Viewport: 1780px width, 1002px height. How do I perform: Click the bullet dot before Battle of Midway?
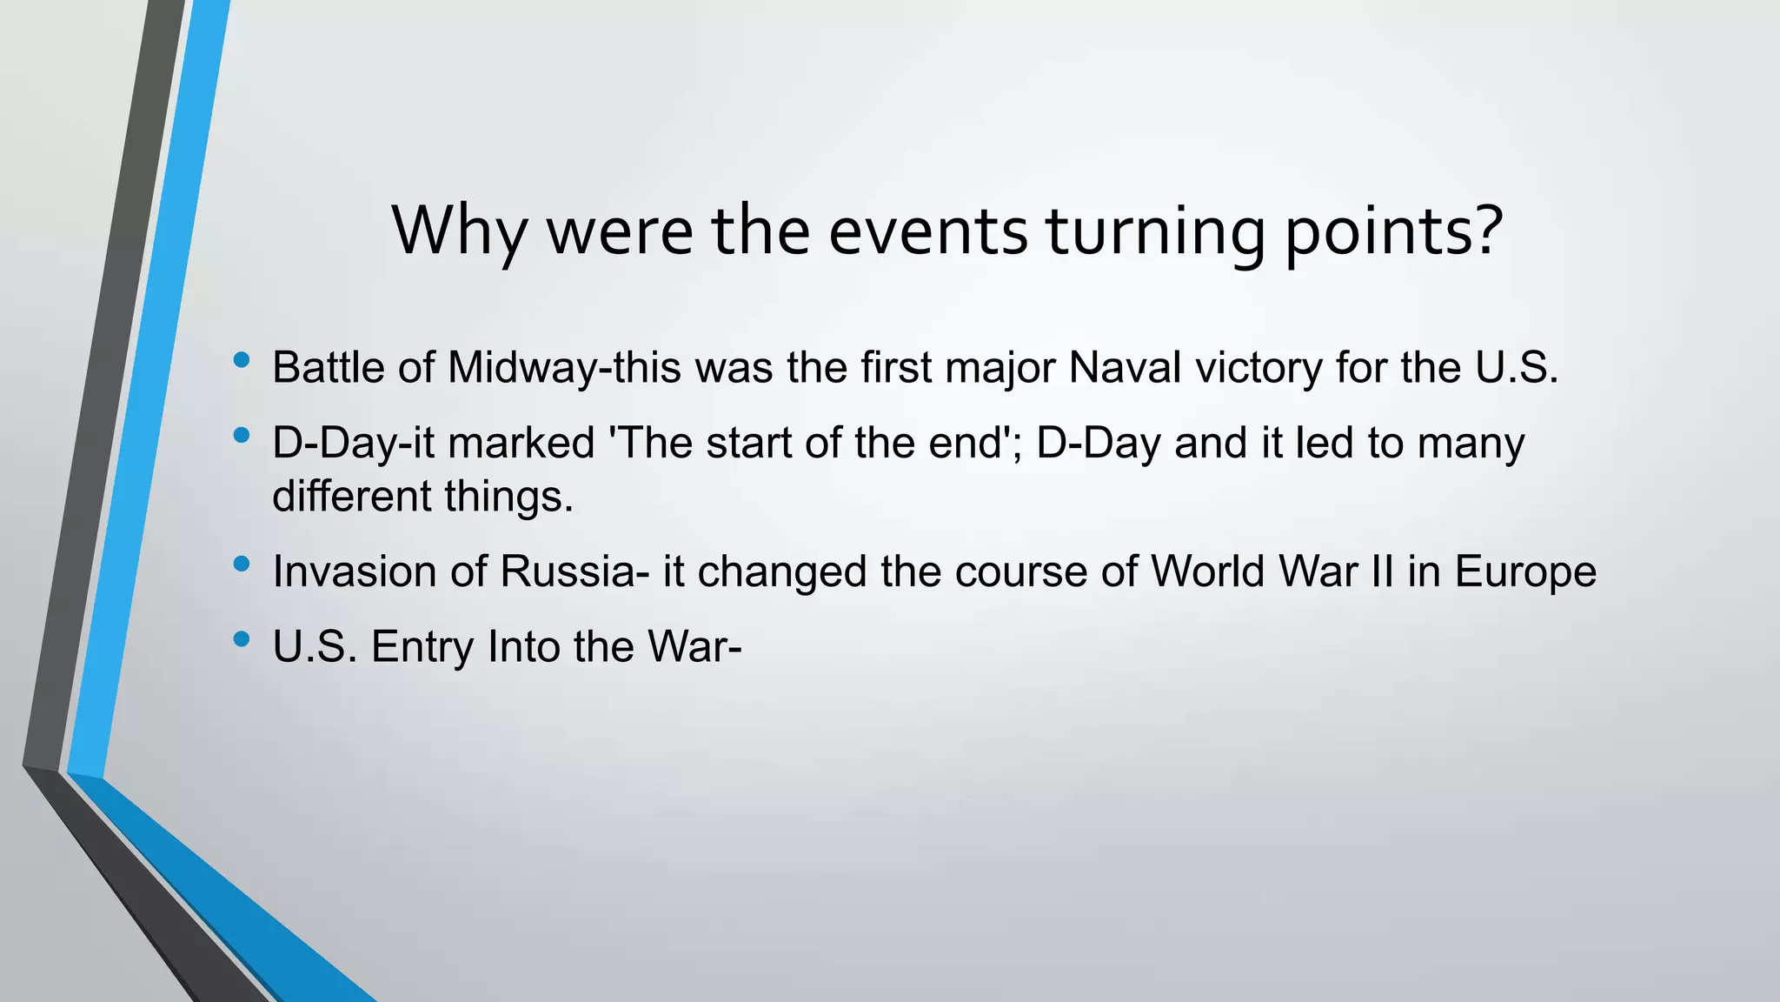pos(242,359)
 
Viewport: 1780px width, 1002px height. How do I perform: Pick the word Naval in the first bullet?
pos(1125,367)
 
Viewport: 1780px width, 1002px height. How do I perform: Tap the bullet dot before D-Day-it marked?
pos(242,435)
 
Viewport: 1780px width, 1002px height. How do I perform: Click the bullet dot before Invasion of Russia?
pos(242,564)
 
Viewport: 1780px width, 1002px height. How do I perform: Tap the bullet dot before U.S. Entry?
pos(242,639)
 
